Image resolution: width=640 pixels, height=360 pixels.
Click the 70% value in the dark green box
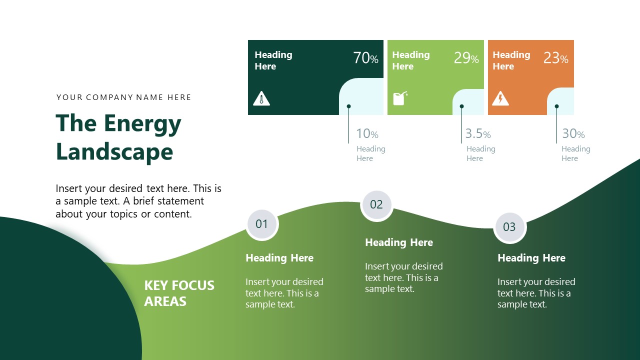[365, 58]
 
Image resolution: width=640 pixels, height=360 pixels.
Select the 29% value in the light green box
[466, 58]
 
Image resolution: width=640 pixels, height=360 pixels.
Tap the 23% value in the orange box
[555, 58]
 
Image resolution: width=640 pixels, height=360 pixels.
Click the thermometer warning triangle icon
[261, 98]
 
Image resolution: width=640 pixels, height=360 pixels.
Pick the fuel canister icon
[399, 98]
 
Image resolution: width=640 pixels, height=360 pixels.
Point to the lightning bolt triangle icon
[500, 98]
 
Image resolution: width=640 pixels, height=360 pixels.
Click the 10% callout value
[367, 133]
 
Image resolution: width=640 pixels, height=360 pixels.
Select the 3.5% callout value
[477, 133]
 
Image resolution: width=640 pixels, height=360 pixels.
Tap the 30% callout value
[573, 133]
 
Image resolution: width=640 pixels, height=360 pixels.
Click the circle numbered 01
[262, 224]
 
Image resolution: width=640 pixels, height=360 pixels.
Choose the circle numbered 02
[376, 204]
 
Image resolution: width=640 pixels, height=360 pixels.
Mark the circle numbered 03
[509, 227]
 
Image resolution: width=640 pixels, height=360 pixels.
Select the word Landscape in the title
[114, 151]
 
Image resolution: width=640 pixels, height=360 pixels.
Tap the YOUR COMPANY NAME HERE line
[124, 97]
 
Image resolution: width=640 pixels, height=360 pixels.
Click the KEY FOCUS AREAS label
[179, 293]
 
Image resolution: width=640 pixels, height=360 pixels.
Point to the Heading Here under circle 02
[398, 242]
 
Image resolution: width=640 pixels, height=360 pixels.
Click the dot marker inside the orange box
[556, 106]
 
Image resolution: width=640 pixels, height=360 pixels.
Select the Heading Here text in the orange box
[511, 60]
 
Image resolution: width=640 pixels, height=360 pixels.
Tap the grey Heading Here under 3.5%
[480, 153]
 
